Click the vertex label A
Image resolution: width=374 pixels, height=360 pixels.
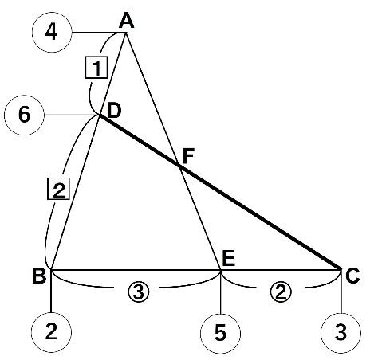[127, 21]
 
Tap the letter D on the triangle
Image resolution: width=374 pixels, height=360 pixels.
[113, 112]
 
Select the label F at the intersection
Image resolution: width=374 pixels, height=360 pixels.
[188, 156]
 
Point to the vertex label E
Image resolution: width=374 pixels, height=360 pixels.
[229, 259]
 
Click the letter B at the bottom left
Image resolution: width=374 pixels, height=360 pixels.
[39, 276]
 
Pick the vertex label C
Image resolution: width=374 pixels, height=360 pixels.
[352, 276]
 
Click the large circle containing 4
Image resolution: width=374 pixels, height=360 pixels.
[52, 32]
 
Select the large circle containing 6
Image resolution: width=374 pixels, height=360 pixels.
[24, 115]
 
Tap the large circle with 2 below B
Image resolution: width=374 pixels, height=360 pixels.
[51, 332]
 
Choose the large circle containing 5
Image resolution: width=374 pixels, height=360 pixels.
[220, 333]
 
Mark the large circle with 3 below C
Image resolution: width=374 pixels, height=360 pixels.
[341, 333]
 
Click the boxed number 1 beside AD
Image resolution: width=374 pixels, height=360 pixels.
[96, 68]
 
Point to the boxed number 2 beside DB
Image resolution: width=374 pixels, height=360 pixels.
[58, 189]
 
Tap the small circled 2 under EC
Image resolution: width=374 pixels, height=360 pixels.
[281, 292]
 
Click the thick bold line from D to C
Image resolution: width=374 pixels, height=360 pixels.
[220, 192]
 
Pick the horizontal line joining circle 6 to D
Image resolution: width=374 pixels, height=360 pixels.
[72, 115]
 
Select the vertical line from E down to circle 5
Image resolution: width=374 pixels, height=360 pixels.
[220, 292]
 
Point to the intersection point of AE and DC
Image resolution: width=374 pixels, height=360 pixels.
[181, 167]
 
